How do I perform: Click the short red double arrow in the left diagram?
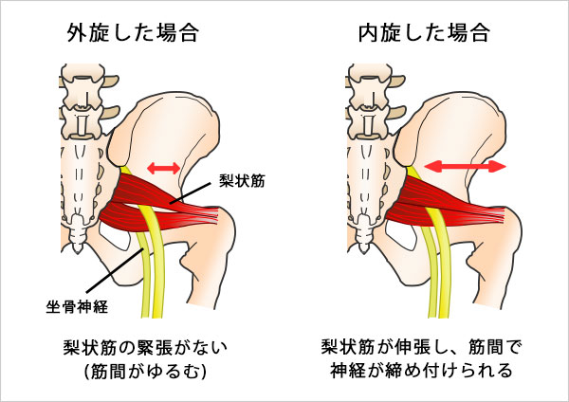(x=163, y=167)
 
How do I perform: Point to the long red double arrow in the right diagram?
(x=465, y=166)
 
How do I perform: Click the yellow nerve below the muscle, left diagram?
(x=149, y=284)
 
